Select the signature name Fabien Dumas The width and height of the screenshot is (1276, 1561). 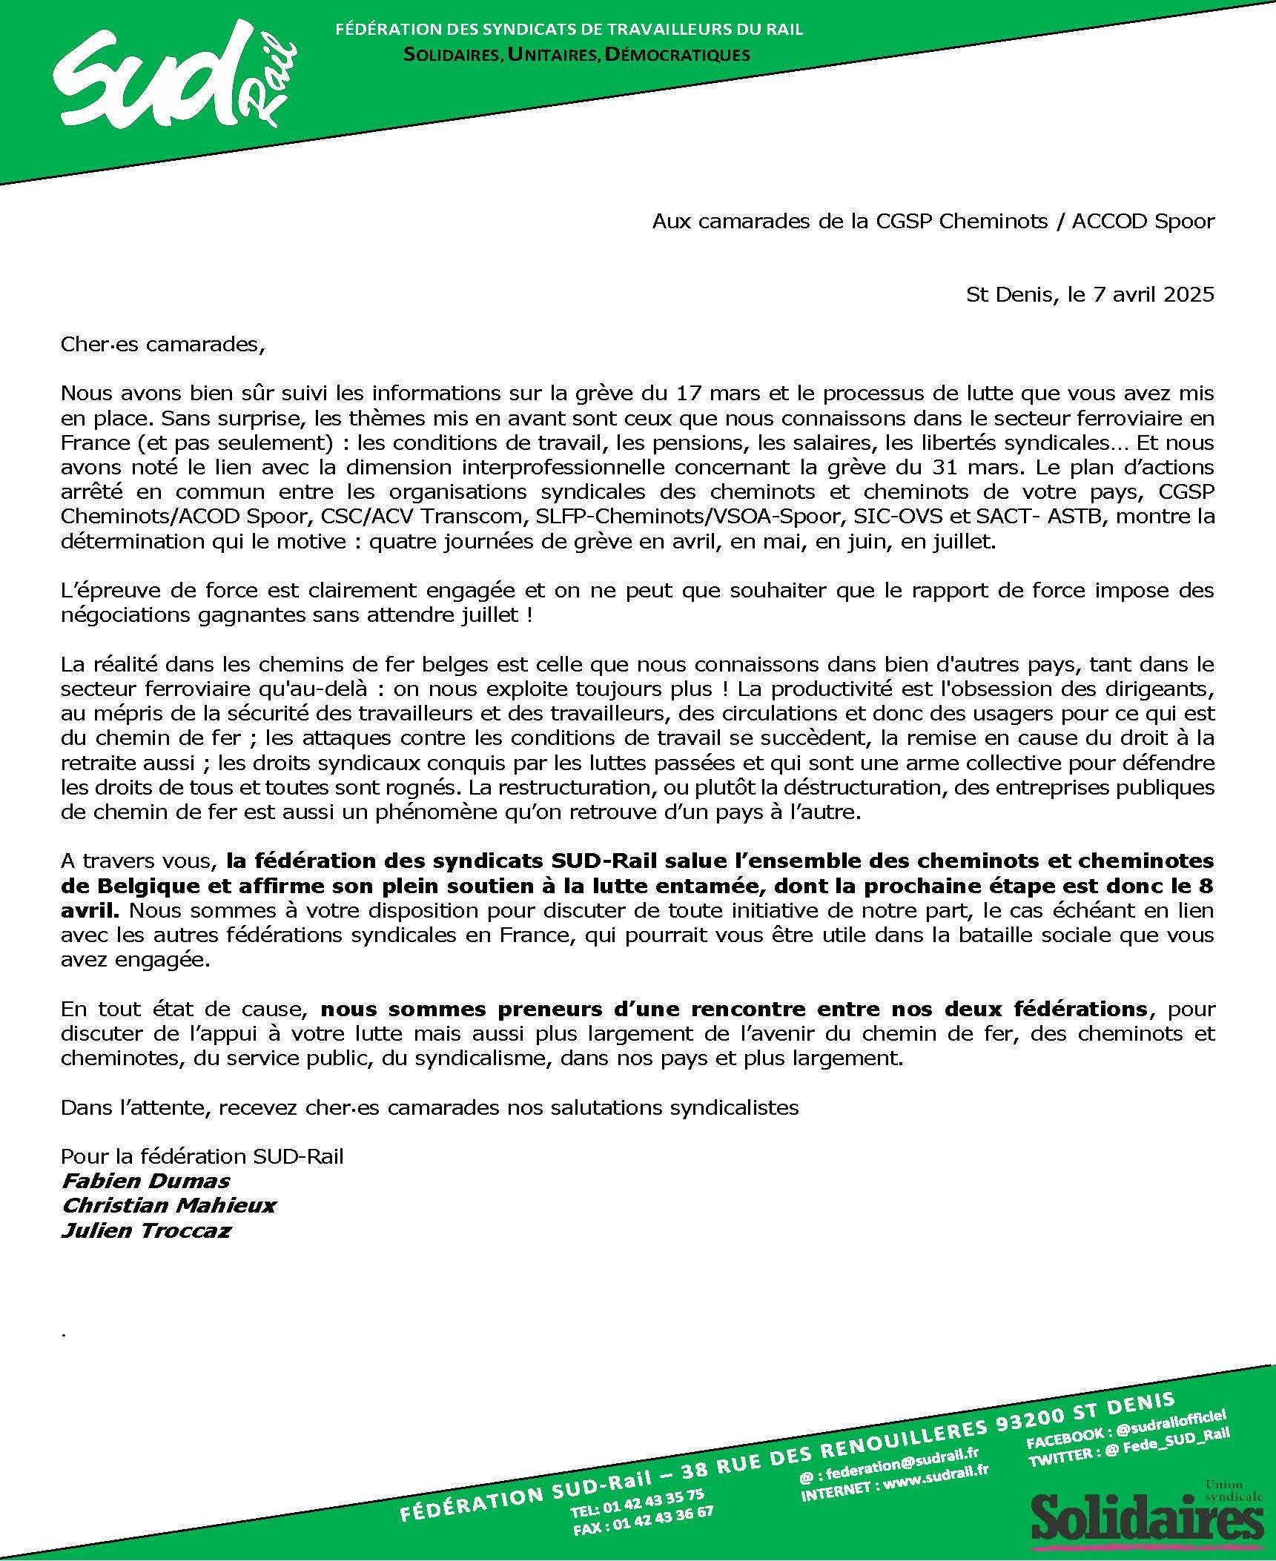pyautogui.click(x=145, y=1181)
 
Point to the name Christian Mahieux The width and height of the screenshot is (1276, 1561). pyautogui.click(x=168, y=1205)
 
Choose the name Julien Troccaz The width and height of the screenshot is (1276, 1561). pyautogui.click(x=146, y=1230)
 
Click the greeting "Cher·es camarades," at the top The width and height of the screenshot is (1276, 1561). pyautogui.click(x=162, y=345)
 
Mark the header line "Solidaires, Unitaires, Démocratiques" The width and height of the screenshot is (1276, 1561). pyautogui.click(x=576, y=54)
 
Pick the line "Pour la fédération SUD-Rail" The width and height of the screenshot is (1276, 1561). pyautogui.click(x=202, y=1156)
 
